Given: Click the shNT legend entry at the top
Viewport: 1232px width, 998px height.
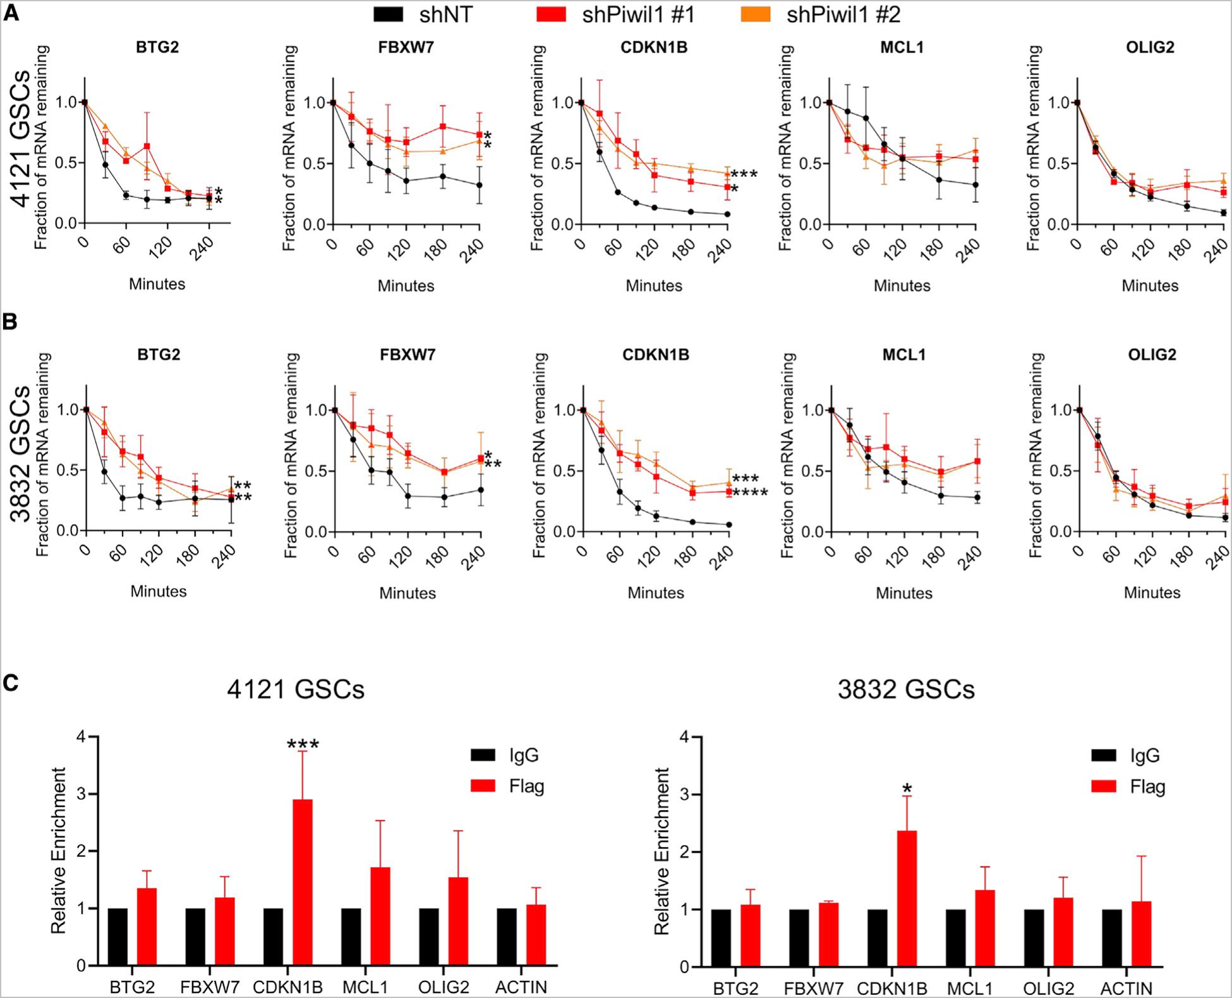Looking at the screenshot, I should [423, 14].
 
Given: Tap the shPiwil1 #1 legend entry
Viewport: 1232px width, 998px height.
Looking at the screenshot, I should [616, 14].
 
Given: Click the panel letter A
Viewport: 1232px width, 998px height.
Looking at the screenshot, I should [11, 13].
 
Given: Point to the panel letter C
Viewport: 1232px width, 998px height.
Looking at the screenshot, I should [11, 683].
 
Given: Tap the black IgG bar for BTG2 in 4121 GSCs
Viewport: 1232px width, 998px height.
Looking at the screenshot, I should [118, 937].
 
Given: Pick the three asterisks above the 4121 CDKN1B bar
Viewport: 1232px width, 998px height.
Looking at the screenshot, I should [303, 745].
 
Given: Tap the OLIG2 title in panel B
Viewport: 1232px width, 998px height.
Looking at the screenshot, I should [1152, 355].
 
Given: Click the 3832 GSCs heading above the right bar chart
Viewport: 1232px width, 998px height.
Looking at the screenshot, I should [906, 690].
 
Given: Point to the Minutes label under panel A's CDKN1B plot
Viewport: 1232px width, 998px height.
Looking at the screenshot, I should [654, 286].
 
